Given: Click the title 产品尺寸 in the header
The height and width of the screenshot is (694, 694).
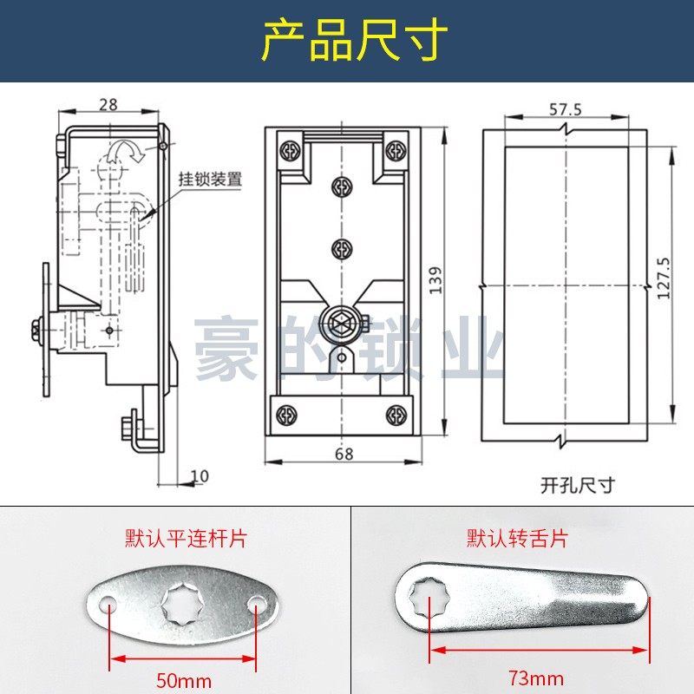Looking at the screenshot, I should [x=355, y=41].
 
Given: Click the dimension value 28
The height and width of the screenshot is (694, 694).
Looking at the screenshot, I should [x=108, y=105].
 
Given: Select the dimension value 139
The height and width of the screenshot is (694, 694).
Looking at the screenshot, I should [x=435, y=279].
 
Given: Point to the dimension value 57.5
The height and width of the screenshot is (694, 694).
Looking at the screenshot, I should [x=565, y=108].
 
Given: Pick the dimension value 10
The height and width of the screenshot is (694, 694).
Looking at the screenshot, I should [x=200, y=475].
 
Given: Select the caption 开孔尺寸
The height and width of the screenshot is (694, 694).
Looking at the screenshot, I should [x=565, y=485].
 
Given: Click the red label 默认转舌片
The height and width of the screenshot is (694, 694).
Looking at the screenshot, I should [x=518, y=538].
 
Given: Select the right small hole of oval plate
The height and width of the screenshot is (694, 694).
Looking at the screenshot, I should [x=257, y=602].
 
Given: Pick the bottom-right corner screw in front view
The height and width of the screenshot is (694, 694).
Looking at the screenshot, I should [x=396, y=414].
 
